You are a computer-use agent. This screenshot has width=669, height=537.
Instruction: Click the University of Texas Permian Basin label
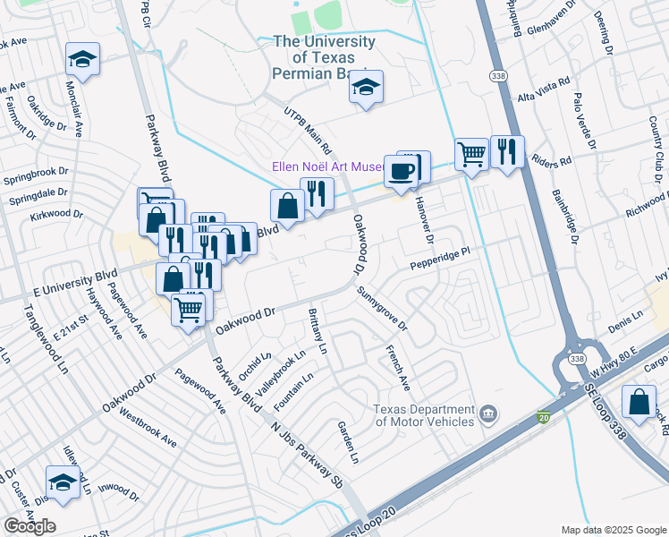(324, 56)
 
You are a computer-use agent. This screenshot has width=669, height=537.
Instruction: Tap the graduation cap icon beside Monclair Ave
(82, 60)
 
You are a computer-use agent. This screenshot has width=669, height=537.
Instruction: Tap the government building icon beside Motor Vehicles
(488, 413)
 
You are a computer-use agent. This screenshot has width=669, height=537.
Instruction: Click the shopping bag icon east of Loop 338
(640, 403)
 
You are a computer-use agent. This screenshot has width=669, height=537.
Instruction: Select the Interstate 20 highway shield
(545, 416)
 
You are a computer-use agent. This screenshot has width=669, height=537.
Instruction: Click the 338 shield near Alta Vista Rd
(498, 78)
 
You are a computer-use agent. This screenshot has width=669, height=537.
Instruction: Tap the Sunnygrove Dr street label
(382, 308)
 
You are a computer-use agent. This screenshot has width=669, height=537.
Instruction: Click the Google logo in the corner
(30, 525)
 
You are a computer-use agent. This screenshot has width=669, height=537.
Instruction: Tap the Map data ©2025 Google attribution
(614, 530)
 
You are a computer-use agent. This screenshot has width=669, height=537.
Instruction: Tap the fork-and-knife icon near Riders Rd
(507, 151)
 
